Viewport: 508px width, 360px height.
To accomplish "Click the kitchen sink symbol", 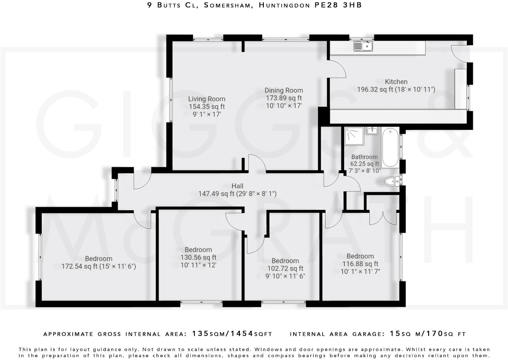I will [x=363, y=46].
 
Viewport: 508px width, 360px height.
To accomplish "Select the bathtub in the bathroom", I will [x=390, y=147].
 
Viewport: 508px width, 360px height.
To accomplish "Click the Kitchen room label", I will [x=396, y=82].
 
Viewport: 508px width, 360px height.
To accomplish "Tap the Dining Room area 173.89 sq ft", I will [x=284, y=98].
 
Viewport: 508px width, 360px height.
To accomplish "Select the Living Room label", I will [x=206, y=99].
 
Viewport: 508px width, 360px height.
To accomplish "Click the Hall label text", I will [x=237, y=186].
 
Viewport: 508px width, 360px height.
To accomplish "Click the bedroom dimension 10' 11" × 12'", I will [x=198, y=265].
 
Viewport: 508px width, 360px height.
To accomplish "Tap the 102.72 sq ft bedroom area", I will [x=285, y=269].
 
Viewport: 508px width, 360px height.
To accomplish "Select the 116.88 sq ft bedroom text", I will [x=360, y=264].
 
